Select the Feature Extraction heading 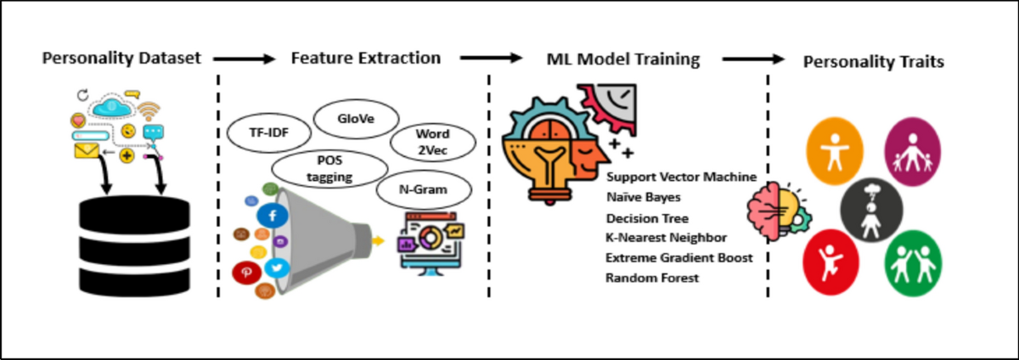(x=365, y=59)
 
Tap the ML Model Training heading (x=623, y=59)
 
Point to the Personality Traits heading (x=875, y=62)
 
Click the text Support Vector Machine (x=681, y=177)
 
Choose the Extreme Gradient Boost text (x=678, y=257)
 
